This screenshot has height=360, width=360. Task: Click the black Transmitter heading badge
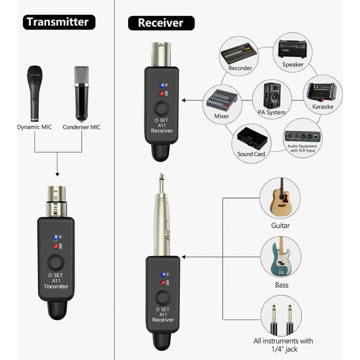tap(59, 22)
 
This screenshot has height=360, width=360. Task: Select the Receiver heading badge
tap(161, 23)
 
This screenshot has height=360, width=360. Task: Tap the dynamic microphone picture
tap(35, 93)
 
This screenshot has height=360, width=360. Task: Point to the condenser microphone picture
tap(81, 94)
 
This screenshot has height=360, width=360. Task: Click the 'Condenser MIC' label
tap(81, 127)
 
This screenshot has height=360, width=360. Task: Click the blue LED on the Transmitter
tap(55, 237)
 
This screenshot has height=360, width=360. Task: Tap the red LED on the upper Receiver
tap(162, 94)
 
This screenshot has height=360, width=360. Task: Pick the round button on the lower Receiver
tap(163, 298)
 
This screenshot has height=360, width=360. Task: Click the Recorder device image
tap(239, 53)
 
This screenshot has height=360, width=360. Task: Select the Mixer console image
tap(221, 100)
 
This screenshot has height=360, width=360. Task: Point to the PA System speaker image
tap(272, 96)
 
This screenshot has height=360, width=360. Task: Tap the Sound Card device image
tap(252, 139)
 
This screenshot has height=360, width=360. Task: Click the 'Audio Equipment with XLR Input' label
tap(303, 148)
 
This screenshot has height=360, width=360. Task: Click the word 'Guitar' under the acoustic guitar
tap(280, 226)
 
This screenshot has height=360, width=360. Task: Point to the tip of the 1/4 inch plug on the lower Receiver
tap(161, 173)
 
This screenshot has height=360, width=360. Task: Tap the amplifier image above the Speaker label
tap(292, 49)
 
